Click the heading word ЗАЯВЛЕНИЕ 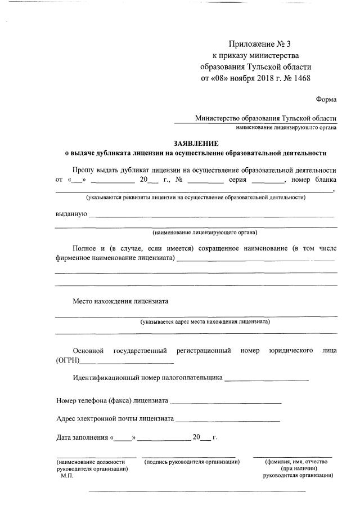click(196, 143)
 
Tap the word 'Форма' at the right click(326, 99)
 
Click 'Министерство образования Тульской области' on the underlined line click(265, 118)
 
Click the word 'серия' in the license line click(238, 180)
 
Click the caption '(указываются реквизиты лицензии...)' click(196, 198)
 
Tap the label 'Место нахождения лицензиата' click(120, 301)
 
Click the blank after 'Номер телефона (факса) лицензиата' click(225, 401)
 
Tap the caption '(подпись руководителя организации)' click(192, 462)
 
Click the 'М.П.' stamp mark click(67, 475)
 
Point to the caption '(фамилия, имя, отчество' click(297, 462)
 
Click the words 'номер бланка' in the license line click(314, 180)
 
